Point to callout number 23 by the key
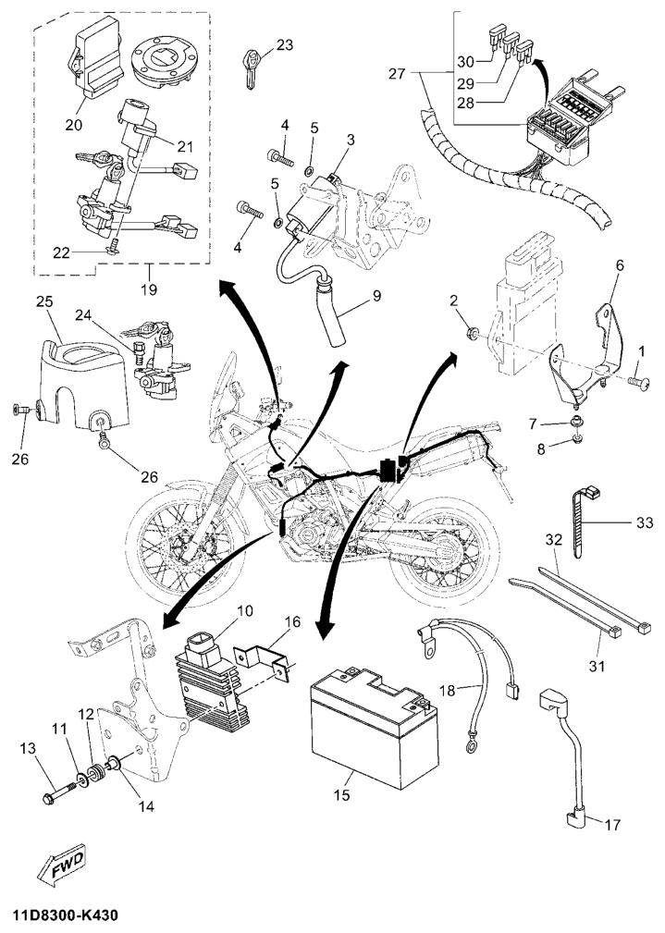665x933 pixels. click(x=284, y=44)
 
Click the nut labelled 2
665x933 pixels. click(x=474, y=333)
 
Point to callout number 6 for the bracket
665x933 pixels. click(x=620, y=265)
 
